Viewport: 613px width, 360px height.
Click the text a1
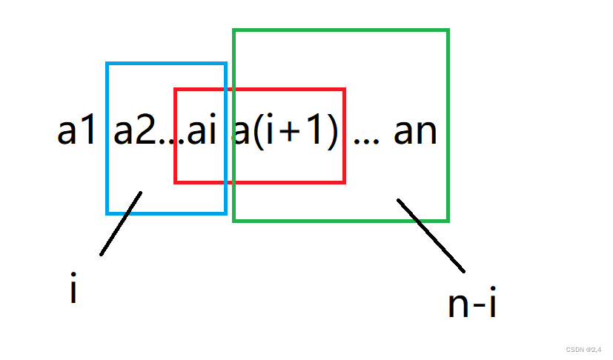pyautogui.click(x=76, y=132)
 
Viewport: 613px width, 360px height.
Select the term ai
pyautogui.click(x=202, y=132)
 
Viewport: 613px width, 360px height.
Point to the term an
pyautogui.click(x=415, y=132)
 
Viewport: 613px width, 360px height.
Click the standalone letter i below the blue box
pyautogui.click(x=73, y=289)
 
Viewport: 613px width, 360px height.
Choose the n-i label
pyautogui.click(x=471, y=304)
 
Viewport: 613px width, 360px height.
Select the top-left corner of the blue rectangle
pyautogui.click(x=107, y=64)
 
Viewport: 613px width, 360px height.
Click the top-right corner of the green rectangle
pyautogui.click(x=448, y=30)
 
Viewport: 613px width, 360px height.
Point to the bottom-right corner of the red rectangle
pyautogui.click(x=345, y=181)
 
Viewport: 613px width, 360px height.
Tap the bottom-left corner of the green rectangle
pyautogui.click(x=234, y=220)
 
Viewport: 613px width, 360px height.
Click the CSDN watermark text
pyautogui.click(x=586, y=350)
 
